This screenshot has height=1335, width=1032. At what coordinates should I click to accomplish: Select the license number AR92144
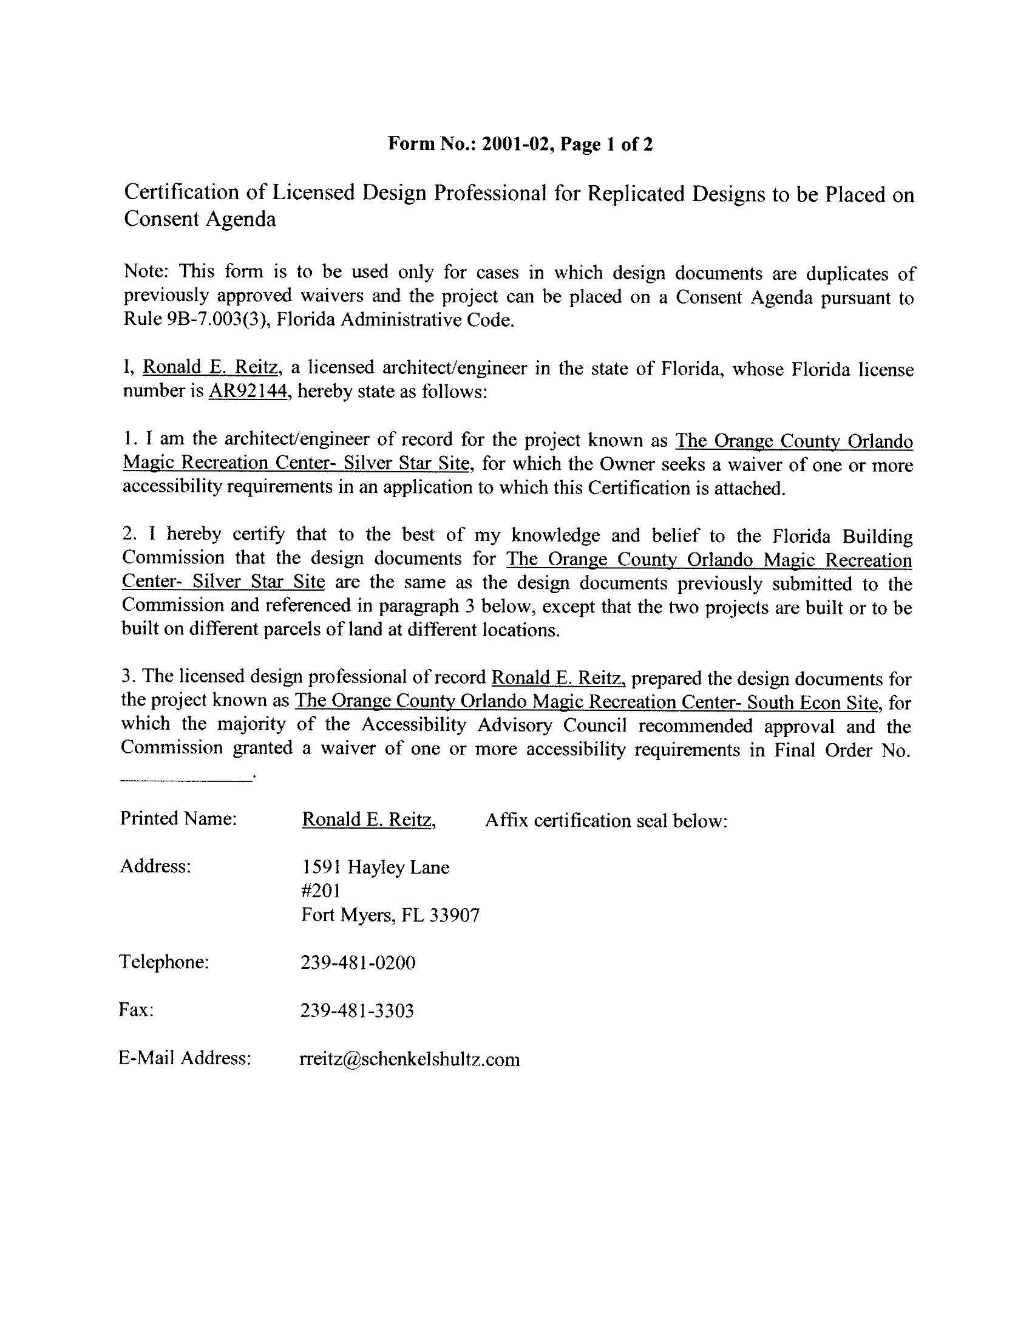click(248, 391)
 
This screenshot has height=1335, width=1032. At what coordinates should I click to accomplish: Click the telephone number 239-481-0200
click(358, 963)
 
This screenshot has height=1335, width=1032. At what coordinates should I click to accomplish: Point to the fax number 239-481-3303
click(357, 1011)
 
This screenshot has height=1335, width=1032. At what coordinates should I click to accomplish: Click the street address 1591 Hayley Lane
click(375, 868)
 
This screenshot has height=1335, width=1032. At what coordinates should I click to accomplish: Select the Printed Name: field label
click(178, 818)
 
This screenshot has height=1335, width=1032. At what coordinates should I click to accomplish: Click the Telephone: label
click(164, 962)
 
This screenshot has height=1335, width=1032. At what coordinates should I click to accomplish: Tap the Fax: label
click(136, 1010)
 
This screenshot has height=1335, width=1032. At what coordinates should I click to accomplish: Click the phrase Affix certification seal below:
click(606, 820)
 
